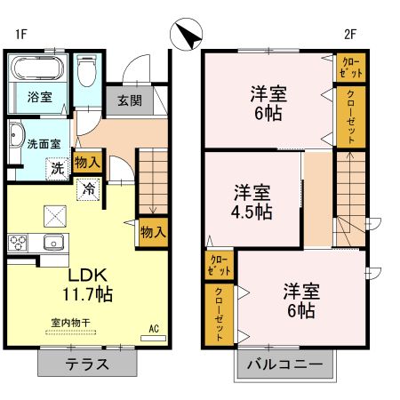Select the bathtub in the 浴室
(x=36, y=69)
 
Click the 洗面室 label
(x=43, y=143)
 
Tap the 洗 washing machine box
(x=56, y=167)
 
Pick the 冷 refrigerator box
(x=89, y=188)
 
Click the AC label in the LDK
(x=153, y=329)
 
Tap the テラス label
(x=87, y=363)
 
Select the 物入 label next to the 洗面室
(x=87, y=163)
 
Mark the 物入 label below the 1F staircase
(x=153, y=233)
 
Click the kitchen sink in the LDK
(x=51, y=241)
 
